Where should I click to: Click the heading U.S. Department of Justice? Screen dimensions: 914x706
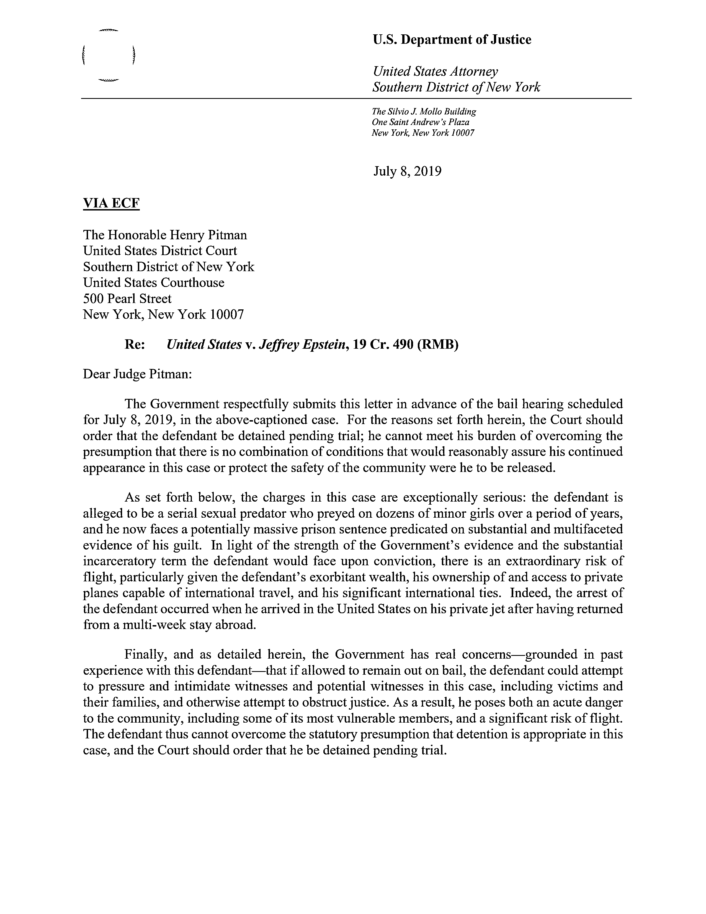[x=452, y=40]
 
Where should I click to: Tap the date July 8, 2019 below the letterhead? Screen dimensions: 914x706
[x=407, y=172]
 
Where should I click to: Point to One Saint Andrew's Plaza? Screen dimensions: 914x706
[x=420, y=122]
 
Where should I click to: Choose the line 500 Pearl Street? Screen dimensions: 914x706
[x=127, y=298]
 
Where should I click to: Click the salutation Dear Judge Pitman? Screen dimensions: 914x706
[x=137, y=374]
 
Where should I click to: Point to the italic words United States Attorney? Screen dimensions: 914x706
[x=435, y=71]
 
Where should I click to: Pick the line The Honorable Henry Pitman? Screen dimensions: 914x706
[x=165, y=235]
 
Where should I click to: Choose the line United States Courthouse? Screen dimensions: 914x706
[x=153, y=283]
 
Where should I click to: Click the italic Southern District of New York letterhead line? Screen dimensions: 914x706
[x=456, y=88]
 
